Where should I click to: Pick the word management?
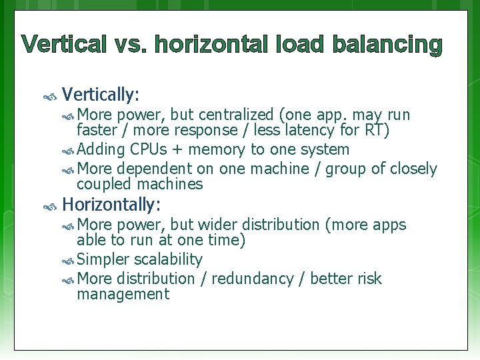coord(123,294)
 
